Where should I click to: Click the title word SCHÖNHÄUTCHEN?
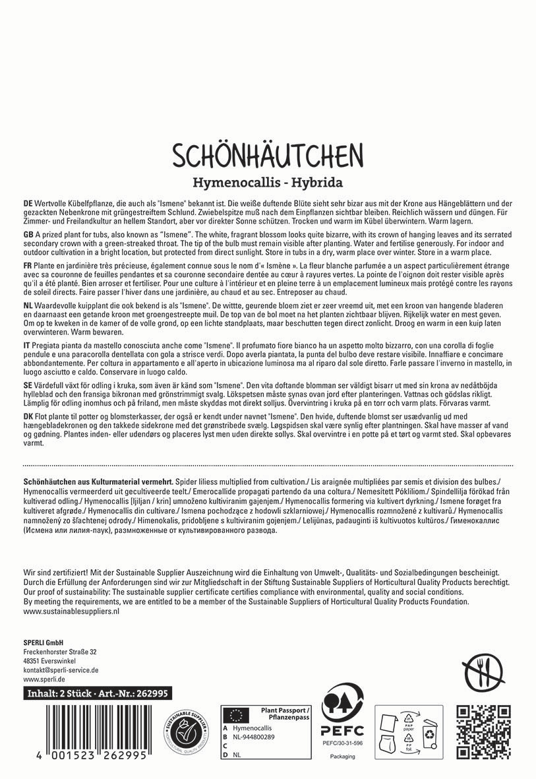tap(268, 155)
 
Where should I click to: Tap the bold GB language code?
tap(28, 235)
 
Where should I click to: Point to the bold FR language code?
tap(28, 265)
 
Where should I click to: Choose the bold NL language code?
tap(28, 307)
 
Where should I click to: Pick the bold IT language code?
tap(26, 345)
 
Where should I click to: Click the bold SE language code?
tap(28, 385)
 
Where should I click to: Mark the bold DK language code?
tap(28, 417)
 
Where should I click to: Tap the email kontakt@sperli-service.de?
tap(61, 670)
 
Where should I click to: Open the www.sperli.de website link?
tap(44, 679)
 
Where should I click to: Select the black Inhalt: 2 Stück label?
tap(97, 693)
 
